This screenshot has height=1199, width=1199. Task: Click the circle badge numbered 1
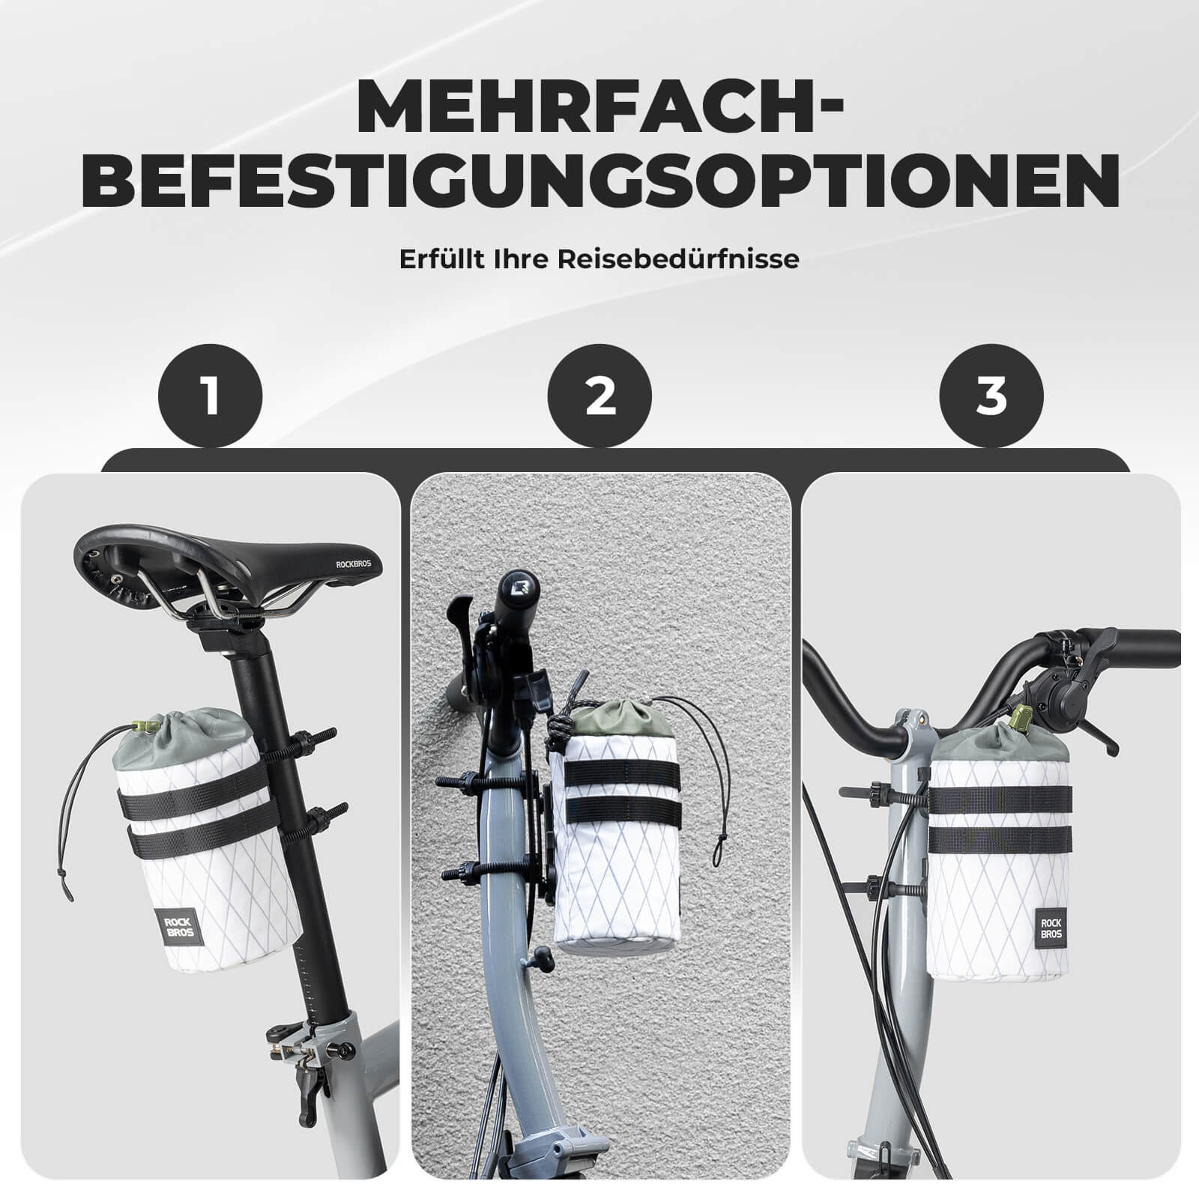coord(211,396)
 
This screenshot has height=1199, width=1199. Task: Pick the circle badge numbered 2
coord(599,396)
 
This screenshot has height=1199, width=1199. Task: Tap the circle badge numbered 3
coord(991,396)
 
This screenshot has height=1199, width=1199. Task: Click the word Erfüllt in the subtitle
coord(434,259)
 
